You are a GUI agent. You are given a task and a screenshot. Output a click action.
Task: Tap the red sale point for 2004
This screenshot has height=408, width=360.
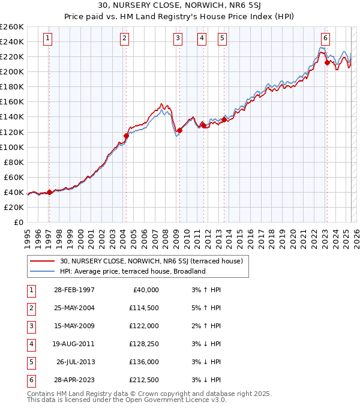click(127, 136)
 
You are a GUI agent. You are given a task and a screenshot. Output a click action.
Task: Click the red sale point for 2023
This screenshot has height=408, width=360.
click(327, 62)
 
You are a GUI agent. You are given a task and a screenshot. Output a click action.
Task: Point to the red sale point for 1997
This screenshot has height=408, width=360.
click(49, 192)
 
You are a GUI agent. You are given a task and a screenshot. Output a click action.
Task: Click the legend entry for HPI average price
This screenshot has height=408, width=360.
click(133, 271)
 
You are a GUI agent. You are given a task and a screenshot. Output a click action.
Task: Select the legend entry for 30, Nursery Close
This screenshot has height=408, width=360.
click(151, 261)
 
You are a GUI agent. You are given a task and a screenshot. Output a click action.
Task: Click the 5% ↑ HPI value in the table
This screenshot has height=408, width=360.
click(206, 308)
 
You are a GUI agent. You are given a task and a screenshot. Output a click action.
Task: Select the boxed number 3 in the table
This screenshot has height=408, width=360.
click(30, 326)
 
